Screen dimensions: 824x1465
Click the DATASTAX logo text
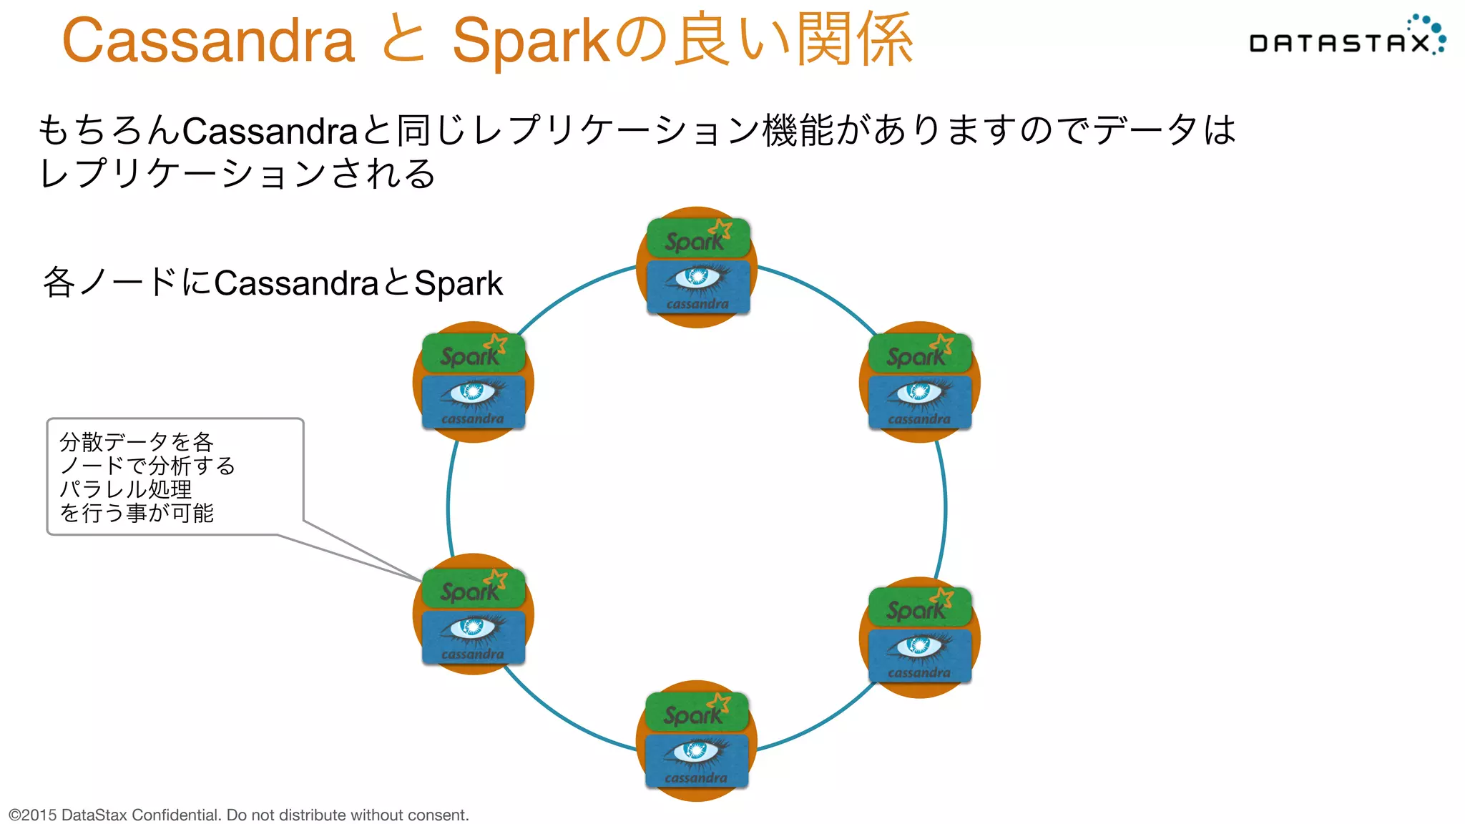pos(1339,44)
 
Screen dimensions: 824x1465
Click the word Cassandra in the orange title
pos(208,41)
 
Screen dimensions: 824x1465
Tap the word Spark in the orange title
pos(530,41)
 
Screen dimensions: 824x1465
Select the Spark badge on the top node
pos(697,238)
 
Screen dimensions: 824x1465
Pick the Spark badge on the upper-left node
pos(473,353)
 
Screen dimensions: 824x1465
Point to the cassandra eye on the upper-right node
pos(919,392)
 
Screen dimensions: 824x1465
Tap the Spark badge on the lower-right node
pos(919,607)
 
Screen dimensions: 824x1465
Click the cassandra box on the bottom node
pos(696,760)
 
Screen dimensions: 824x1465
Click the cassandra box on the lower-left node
pos(473,637)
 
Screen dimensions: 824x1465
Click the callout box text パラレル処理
pos(126,489)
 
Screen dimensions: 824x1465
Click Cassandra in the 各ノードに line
pos(295,283)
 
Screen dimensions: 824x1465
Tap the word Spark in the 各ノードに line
pos(459,283)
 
